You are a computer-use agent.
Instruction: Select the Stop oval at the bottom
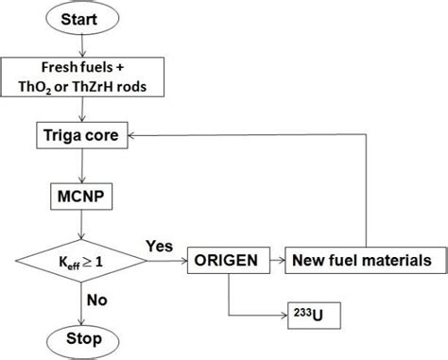click(x=81, y=337)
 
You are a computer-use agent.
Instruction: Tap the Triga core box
click(x=81, y=136)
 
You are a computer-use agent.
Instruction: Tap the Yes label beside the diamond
click(x=159, y=243)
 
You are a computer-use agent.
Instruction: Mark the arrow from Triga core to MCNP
click(x=81, y=166)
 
